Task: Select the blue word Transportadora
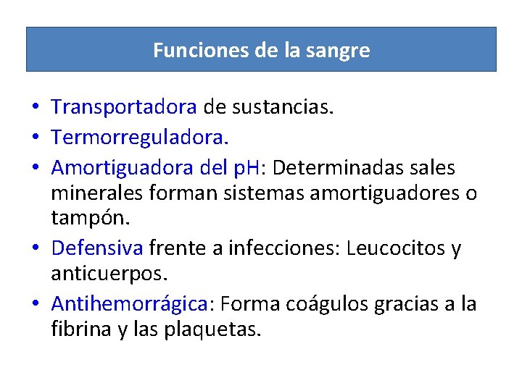coord(124,108)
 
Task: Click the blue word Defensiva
coord(97,248)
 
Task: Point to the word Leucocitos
coord(396,248)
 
